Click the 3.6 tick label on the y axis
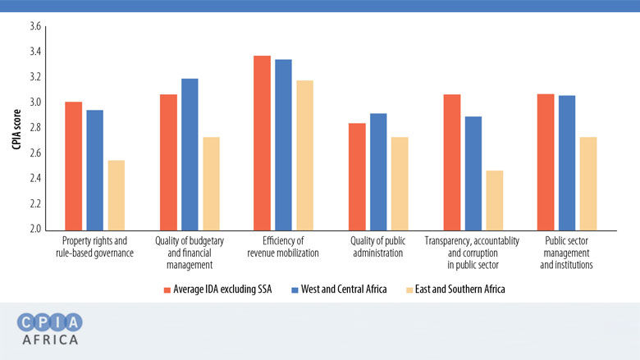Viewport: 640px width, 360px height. (x=34, y=27)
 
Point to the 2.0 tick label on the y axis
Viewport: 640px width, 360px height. (x=34, y=229)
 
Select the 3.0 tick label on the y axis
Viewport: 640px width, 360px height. (x=34, y=103)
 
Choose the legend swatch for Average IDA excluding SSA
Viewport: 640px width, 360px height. (x=167, y=289)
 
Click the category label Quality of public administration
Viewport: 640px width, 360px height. (x=377, y=247)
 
